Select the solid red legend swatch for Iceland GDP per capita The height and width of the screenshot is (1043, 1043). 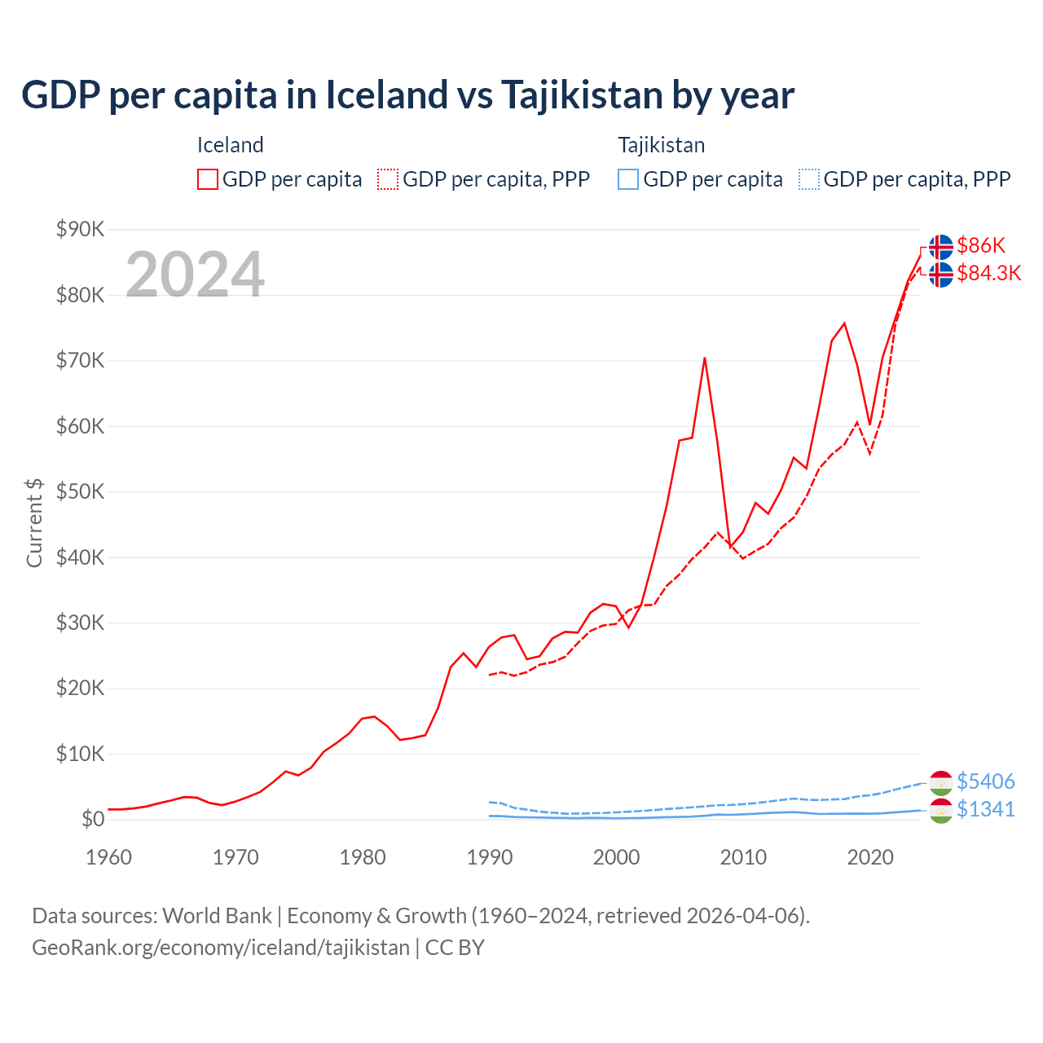[x=208, y=179]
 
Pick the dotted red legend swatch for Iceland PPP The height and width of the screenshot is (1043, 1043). [x=388, y=179]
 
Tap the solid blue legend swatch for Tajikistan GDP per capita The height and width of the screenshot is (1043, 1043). [x=628, y=179]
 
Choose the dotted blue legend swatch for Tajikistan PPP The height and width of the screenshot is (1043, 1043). [x=809, y=179]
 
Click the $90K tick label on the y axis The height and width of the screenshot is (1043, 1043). [x=80, y=229]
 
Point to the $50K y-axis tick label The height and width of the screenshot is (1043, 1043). [x=80, y=491]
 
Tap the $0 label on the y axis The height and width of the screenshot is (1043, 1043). [x=93, y=819]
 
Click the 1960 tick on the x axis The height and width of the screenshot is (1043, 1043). [x=108, y=857]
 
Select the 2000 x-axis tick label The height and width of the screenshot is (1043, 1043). [x=617, y=857]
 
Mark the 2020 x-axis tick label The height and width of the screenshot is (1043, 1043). [x=870, y=857]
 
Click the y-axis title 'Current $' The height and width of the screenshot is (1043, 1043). [x=34, y=523]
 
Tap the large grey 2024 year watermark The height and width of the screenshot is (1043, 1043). [x=195, y=275]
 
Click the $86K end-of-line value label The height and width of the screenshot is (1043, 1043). [x=981, y=245]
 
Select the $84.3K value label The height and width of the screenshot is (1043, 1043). [x=988, y=273]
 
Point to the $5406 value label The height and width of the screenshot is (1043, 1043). [x=985, y=781]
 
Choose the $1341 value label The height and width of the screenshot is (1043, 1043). [x=985, y=809]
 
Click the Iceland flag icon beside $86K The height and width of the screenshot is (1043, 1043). [x=941, y=246]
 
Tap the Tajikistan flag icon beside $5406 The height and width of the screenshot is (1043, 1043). [x=941, y=782]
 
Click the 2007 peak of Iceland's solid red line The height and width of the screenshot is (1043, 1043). [x=704, y=358]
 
